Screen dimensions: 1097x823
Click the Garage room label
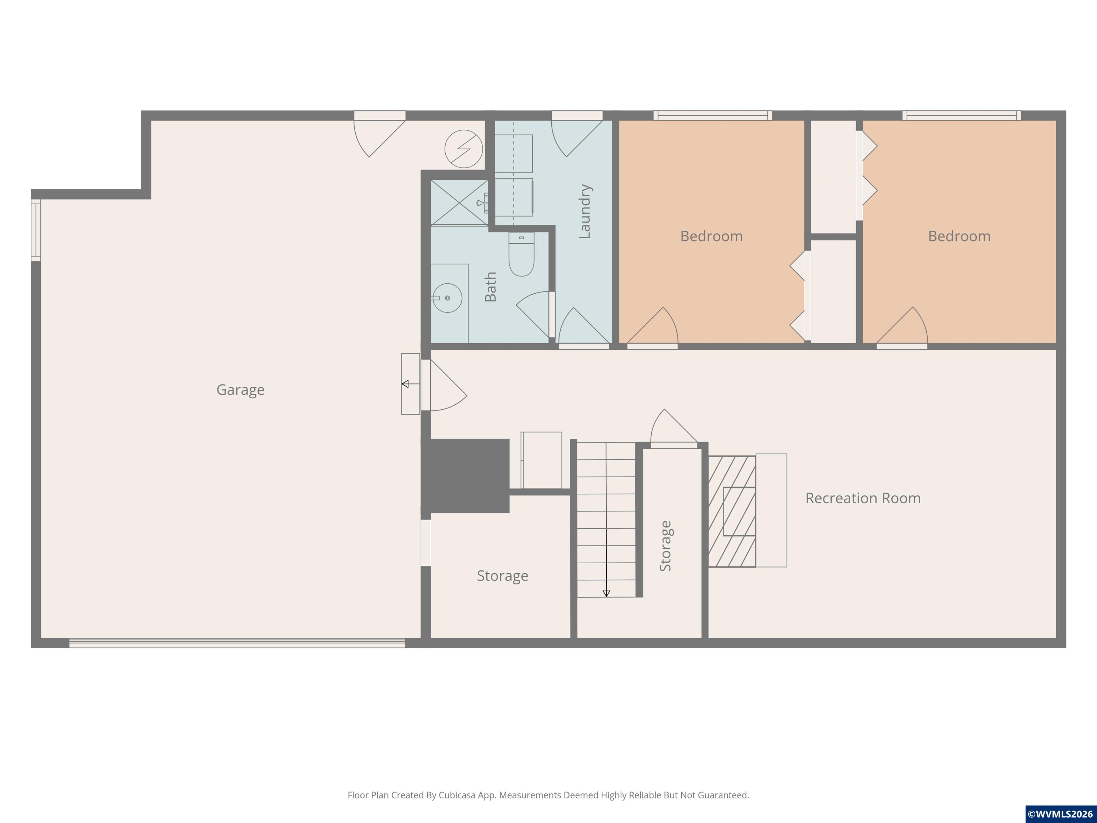(241, 390)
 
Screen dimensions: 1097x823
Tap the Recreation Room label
(863, 498)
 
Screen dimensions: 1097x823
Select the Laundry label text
(585, 211)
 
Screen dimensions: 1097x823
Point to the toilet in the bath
(521, 254)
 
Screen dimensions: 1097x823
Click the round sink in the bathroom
(447, 298)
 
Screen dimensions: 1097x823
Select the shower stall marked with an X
(459, 203)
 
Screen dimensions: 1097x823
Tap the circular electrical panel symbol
(464, 149)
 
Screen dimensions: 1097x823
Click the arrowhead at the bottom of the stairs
(606, 593)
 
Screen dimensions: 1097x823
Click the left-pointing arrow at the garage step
(411, 384)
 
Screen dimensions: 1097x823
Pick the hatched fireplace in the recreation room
(732, 512)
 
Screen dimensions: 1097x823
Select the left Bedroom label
(711, 236)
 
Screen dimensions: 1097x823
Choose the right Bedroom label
(959, 236)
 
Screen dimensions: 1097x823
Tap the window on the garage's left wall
(36, 230)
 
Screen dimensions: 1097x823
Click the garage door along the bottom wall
(237, 643)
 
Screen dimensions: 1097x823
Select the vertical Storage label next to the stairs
(666, 546)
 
